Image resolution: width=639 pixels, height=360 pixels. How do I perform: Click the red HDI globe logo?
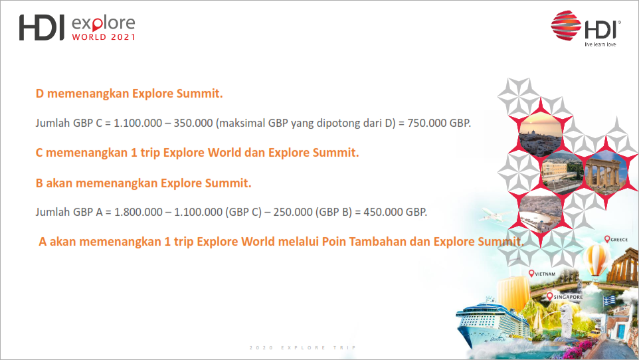566,25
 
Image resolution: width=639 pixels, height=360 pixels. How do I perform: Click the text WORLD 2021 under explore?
104,37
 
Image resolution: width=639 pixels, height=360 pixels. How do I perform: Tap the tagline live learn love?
600,44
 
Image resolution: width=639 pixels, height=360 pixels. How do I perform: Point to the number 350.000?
193,123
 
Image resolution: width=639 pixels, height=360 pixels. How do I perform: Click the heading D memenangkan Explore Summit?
129,94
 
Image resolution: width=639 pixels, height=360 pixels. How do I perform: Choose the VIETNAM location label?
542,274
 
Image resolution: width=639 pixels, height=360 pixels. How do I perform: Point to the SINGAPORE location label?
565,297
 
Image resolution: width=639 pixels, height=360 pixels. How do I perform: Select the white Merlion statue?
567,321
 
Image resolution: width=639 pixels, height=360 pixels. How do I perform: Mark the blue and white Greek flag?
610,301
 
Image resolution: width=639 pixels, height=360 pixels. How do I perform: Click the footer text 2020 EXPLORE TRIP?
303,348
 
